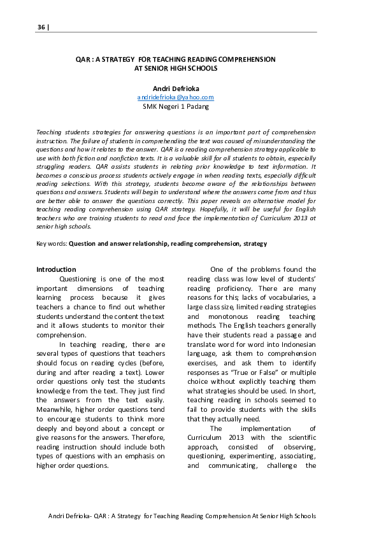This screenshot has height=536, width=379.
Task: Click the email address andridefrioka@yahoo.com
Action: pos(176,97)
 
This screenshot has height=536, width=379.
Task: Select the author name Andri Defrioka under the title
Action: pos(176,88)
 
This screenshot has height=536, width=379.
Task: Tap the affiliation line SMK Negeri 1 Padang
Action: pos(176,107)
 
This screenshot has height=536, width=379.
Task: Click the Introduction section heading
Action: pos(56,269)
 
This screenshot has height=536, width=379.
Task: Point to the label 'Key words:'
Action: pos(52,243)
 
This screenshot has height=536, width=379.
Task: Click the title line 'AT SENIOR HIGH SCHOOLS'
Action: pos(176,67)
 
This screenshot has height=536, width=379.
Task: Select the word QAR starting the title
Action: pos(82,59)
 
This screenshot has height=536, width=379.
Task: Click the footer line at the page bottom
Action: pos(182,516)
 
